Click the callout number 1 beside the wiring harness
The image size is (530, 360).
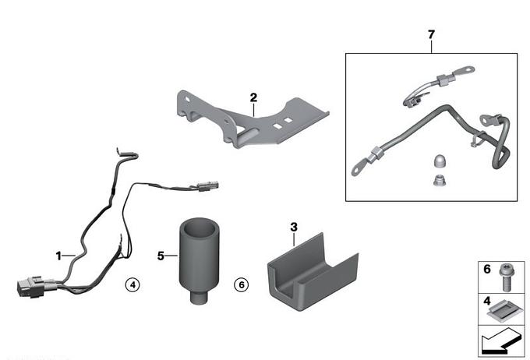pyautogui.click(x=58, y=255)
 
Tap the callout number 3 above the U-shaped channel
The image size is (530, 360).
pyautogui.click(x=294, y=227)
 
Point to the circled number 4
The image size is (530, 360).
pyautogui.click(x=133, y=285)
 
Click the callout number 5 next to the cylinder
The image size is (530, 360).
pyautogui.click(x=161, y=254)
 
